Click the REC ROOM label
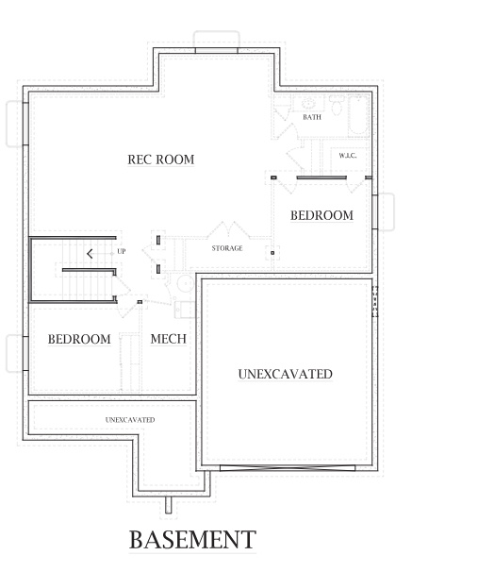point(161,160)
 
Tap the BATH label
point(312,117)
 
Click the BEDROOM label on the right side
point(321,215)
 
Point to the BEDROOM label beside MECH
point(79,339)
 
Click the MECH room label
point(168,339)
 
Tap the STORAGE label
point(227,248)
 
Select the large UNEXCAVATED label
point(285,374)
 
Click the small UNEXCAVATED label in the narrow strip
point(130,419)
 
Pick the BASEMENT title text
point(191,540)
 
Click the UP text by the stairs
point(121,251)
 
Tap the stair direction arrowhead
point(89,253)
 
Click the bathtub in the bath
point(359,115)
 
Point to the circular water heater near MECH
point(186,284)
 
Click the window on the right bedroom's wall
point(376,211)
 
